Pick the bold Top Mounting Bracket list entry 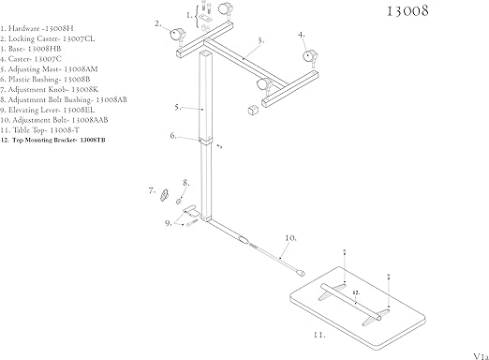tap(52, 140)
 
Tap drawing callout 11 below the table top tap(319, 334)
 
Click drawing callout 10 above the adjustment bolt tap(289, 237)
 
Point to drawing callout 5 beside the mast tap(177, 109)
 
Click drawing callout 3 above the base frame tap(260, 41)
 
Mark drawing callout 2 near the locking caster tap(158, 22)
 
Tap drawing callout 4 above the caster tap(302, 36)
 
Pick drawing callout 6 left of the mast tap(174, 136)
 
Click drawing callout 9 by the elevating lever tap(170, 222)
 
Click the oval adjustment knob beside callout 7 tap(165, 194)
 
